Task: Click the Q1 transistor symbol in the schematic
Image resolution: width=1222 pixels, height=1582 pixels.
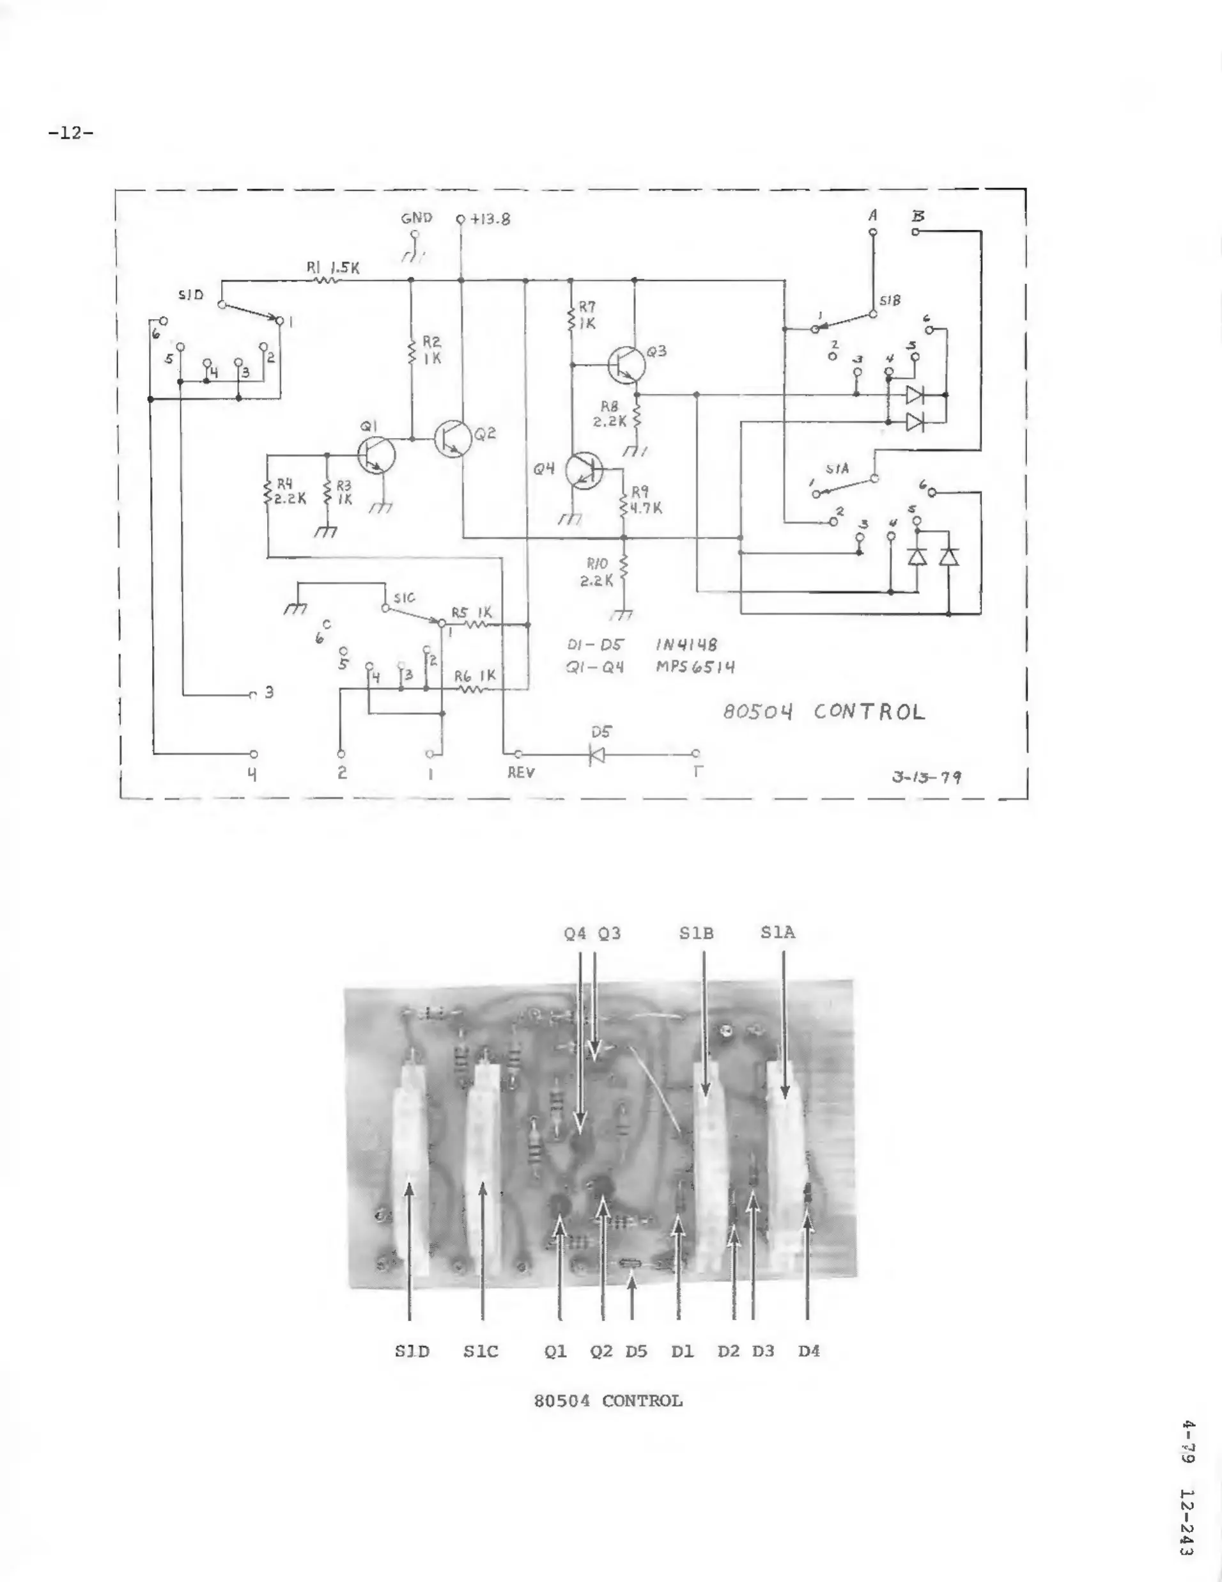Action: click(x=376, y=455)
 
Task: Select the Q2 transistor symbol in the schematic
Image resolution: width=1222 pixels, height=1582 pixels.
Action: click(x=454, y=438)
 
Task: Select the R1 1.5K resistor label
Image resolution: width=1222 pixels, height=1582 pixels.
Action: click(x=333, y=267)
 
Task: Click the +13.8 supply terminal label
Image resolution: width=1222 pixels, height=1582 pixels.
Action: click(x=490, y=219)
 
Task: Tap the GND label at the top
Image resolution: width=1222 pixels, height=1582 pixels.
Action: click(x=416, y=217)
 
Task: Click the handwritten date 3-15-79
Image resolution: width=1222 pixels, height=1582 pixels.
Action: click(x=927, y=777)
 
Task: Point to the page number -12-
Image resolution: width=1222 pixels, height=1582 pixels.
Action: click(x=71, y=132)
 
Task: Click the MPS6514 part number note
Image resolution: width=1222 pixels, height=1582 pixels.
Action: click(x=695, y=666)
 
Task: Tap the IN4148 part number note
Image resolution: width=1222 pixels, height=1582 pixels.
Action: click(x=686, y=644)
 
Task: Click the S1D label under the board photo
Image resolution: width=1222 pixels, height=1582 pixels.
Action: click(x=412, y=1351)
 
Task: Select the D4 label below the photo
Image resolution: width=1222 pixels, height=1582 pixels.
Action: click(x=808, y=1351)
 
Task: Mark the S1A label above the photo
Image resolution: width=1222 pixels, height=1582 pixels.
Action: click(x=778, y=932)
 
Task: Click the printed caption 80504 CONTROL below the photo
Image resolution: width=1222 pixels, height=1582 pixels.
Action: click(x=608, y=1400)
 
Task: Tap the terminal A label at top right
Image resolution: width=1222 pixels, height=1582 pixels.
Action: click(x=873, y=215)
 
